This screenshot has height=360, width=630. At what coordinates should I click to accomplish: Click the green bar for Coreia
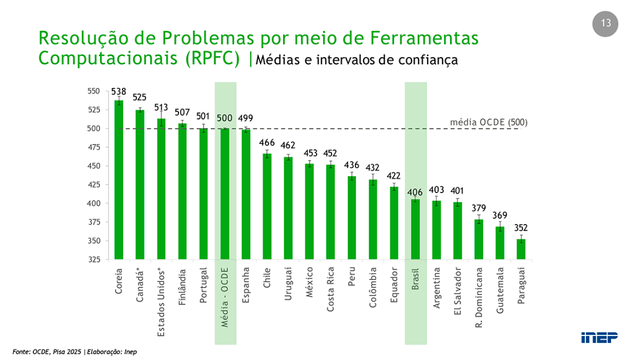[x=118, y=179]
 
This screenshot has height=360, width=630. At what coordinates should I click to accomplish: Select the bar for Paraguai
[x=521, y=249]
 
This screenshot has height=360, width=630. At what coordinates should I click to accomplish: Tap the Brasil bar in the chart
[x=415, y=229]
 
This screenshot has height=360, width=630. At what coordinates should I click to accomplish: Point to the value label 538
[x=118, y=91]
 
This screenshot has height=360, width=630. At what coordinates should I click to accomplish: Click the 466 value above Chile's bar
[x=267, y=142]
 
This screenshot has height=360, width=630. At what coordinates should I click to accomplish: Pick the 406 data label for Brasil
[x=415, y=192]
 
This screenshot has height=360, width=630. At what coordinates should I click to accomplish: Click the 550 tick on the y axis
[x=93, y=91]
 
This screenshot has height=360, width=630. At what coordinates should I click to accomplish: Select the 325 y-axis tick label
[x=93, y=259]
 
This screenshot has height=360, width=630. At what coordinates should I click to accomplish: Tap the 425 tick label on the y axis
[x=93, y=184]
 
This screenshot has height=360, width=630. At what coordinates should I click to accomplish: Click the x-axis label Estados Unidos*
[x=161, y=302]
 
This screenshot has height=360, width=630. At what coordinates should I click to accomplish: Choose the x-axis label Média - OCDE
[x=224, y=297]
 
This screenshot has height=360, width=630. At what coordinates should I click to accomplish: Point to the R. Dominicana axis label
[x=478, y=297]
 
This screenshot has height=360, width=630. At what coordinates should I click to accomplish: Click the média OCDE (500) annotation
[x=489, y=122]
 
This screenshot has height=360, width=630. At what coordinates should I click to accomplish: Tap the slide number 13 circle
[x=605, y=24]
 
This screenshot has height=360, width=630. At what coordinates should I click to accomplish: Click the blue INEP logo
[x=599, y=337]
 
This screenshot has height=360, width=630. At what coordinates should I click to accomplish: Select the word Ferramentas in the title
[x=424, y=37]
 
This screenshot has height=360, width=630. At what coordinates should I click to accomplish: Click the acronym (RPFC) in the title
[x=212, y=58]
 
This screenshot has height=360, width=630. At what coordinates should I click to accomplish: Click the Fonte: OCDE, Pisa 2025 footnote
[x=46, y=352]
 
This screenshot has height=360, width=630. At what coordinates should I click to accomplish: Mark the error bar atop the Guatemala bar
[x=500, y=226]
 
